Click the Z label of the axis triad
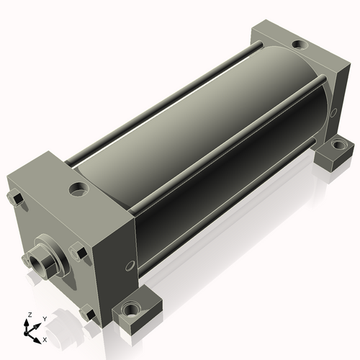(x=30, y=315)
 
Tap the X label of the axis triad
(x=45, y=340)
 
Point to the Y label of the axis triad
(x=45, y=319)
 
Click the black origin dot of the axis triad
(x=26, y=334)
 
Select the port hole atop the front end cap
(x=78, y=189)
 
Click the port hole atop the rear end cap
(x=300, y=45)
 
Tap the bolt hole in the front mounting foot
(x=130, y=310)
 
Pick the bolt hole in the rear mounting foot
(x=338, y=145)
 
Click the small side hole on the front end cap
(x=130, y=266)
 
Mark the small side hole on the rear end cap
(x=333, y=112)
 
